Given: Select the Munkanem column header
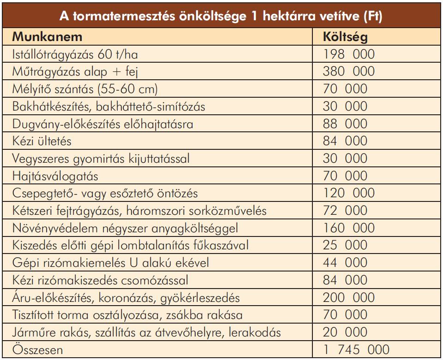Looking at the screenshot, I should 40,37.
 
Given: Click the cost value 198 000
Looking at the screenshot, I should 349,54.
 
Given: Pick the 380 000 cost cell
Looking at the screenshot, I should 349,72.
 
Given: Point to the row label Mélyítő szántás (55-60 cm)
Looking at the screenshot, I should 84,89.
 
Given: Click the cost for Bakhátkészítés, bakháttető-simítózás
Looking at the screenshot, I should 345,107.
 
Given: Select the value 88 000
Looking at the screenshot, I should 345,124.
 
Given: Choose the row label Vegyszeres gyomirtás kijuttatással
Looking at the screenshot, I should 102,159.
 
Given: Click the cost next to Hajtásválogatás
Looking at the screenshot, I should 345,176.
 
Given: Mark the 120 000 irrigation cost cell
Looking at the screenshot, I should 349,194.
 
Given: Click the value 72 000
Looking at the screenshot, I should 345,211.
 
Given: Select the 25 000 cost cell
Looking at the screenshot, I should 345,246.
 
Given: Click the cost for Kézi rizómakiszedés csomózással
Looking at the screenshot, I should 345,281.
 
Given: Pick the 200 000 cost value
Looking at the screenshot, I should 349,298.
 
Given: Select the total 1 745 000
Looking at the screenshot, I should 356,350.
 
